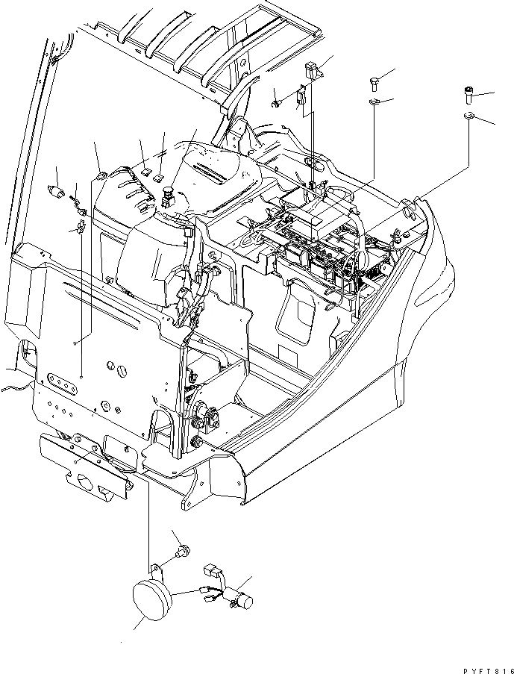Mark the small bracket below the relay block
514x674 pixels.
click(301, 96)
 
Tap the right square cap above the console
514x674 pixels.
click(159, 176)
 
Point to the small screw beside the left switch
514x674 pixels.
click(74, 199)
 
